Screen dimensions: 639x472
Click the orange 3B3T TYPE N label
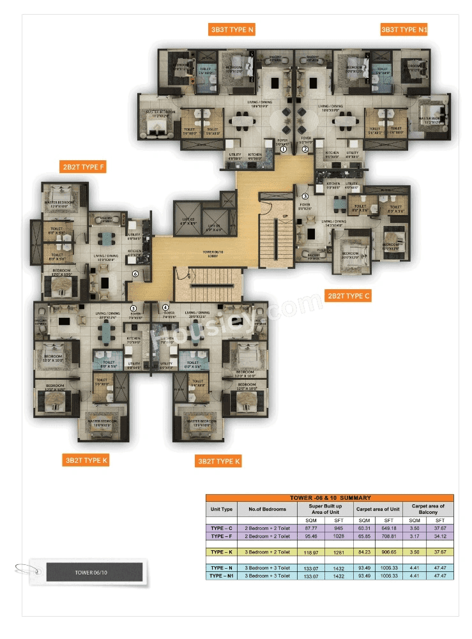tap(232, 29)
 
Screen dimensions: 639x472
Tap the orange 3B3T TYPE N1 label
tap(404, 29)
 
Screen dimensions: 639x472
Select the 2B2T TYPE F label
tap(82, 167)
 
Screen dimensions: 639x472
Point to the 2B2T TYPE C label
tap(348, 296)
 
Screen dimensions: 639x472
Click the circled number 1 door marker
tap(284, 150)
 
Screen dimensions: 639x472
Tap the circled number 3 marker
tap(305, 196)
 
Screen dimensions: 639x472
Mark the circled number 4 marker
tap(165, 307)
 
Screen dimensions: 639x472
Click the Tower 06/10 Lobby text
tap(209, 253)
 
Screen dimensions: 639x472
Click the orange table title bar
tap(330, 497)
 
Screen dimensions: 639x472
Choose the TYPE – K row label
tap(221, 552)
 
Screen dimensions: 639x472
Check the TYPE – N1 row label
tap(221, 576)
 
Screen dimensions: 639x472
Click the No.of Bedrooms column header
tap(267, 509)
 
